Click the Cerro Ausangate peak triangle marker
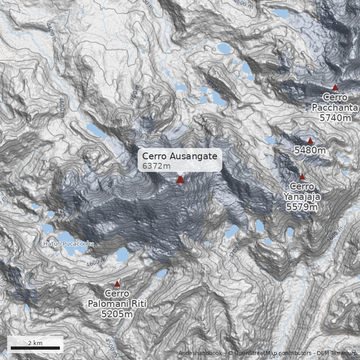180,180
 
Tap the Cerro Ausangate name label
180,156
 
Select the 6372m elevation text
156,166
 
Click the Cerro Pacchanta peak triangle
335,87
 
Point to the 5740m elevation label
335,117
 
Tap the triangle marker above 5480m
310,141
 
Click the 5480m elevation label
310,150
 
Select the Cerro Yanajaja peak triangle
302,177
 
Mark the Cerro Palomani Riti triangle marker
117,284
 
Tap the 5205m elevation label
117,314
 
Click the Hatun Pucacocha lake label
68,244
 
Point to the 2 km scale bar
35,348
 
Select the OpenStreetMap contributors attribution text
270,353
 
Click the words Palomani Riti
117,304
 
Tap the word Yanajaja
302,197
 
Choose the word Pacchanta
335,108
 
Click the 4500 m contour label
110,345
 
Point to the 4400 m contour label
50,32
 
